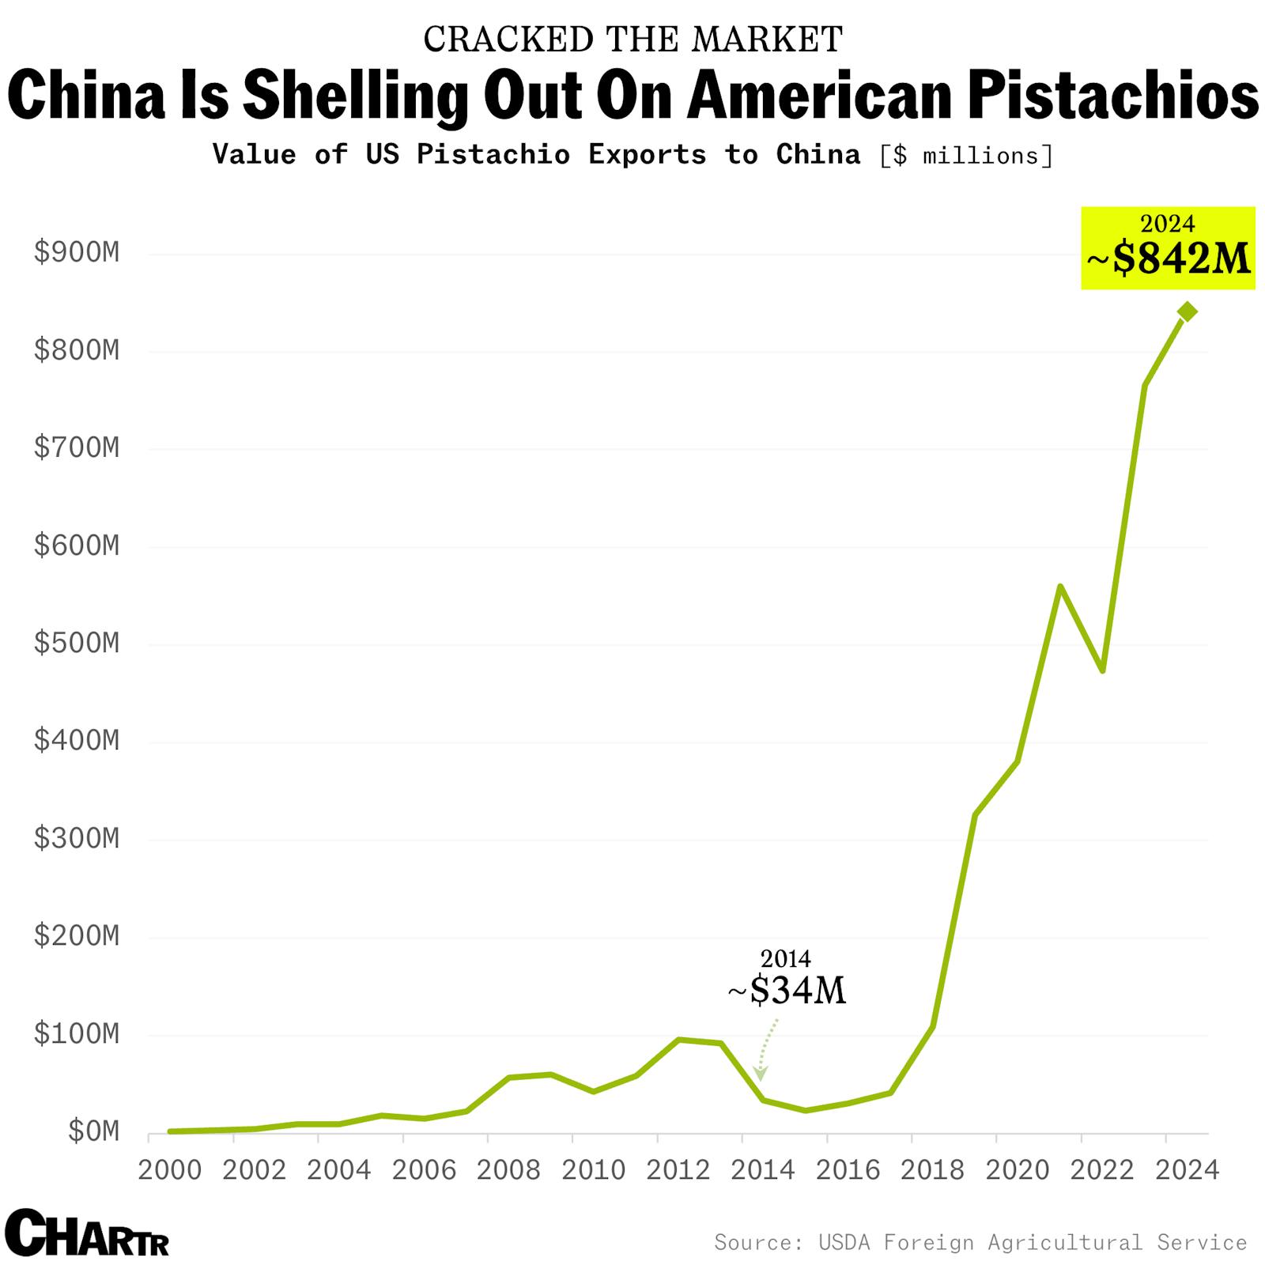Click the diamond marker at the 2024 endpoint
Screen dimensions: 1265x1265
coord(1187,312)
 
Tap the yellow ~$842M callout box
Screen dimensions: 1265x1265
coord(1168,247)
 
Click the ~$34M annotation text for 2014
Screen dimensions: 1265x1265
coord(787,990)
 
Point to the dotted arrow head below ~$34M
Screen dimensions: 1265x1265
coord(760,1074)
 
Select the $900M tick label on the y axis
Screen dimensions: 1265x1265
coord(77,252)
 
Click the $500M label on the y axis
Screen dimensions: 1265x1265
coord(77,643)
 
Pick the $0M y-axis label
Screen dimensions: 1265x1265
coord(93,1131)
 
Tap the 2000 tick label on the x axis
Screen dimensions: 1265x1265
coord(170,1170)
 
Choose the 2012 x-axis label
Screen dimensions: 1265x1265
coord(678,1170)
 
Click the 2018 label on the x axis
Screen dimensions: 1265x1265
coord(932,1170)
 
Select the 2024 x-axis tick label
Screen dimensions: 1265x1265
coord(1187,1170)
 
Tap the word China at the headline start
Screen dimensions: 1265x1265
coord(87,95)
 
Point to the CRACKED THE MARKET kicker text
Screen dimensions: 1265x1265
coord(632,40)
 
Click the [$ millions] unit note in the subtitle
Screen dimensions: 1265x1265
coord(966,156)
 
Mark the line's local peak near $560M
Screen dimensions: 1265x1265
coord(1060,587)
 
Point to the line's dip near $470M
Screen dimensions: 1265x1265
coord(1102,670)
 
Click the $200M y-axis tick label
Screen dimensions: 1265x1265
coord(77,936)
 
